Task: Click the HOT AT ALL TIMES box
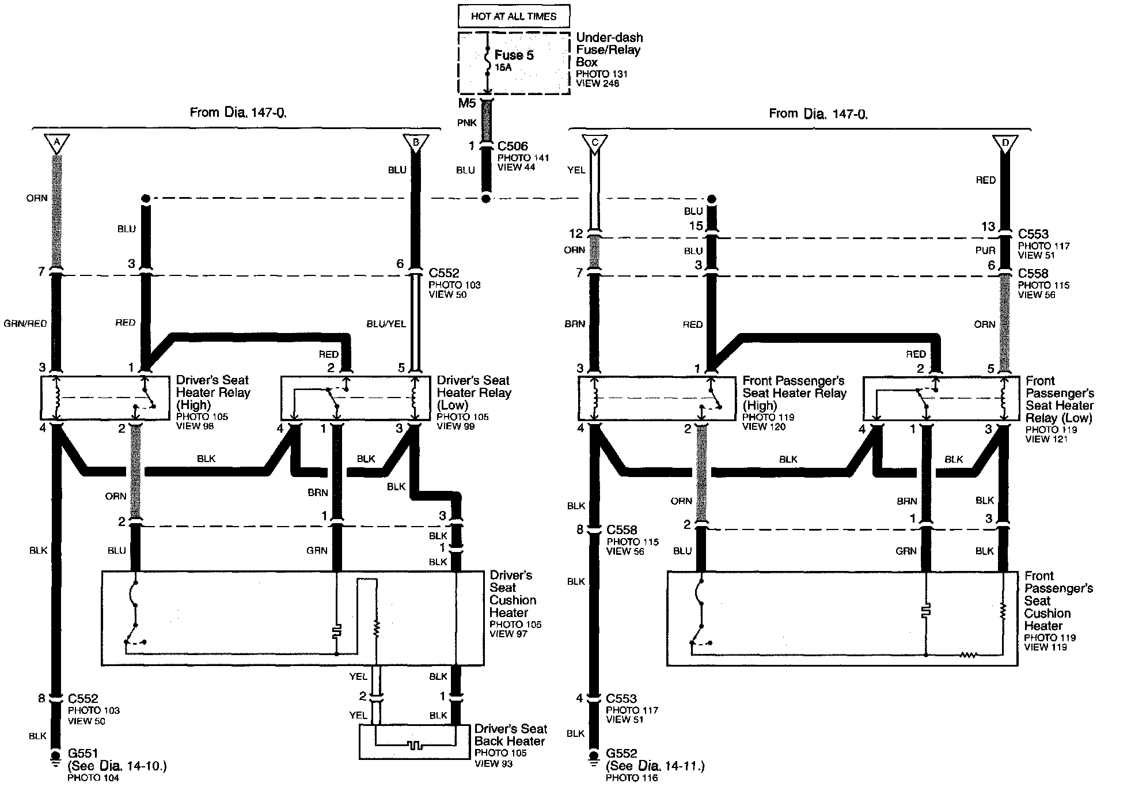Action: (513, 16)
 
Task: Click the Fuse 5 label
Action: (514, 55)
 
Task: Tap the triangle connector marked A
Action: (56, 142)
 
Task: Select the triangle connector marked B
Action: (416, 142)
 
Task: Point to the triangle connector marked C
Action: (595, 142)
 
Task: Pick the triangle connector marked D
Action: (1005, 142)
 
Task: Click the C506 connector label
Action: (513, 146)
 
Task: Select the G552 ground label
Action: (621, 753)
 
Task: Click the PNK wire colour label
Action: (466, 123)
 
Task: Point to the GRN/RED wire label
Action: (25, 324)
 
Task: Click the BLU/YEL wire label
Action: (386, 324)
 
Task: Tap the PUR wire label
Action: (985, 250)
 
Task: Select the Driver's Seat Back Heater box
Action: (414, 742)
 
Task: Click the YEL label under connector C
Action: (576, 170)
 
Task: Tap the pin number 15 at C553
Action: (696, 226)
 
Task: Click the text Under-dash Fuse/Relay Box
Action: (609, 50)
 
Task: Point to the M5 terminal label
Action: (466, 104)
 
